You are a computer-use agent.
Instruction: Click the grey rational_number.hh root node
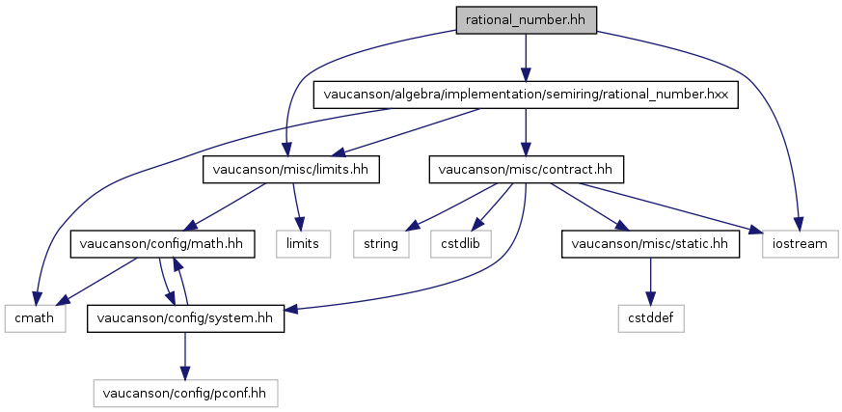click(x=527, y=21)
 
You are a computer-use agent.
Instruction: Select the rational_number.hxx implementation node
click(x=526, y=96)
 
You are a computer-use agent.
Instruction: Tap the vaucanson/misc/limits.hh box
click(x=291, y=170)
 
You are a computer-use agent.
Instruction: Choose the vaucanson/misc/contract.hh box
click(x=526, y=170)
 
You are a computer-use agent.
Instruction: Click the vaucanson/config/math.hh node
click(x=162, y=244)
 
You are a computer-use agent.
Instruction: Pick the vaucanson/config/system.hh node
click(x=186, y=318)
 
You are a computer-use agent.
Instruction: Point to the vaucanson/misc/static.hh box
click(x=650, y=244)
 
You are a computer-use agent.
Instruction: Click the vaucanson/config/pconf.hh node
click(x=186, y=393)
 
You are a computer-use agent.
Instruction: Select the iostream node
click(x=800, y=244)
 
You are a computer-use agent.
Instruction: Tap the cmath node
click(x=35, y=318)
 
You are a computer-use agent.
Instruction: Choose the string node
click(x=381, y=244)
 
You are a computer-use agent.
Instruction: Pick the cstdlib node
click(x=461, y=244)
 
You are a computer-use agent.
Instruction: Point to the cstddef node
click(x=651, y=318)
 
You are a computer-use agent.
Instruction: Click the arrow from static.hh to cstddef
click(x=651, y=281)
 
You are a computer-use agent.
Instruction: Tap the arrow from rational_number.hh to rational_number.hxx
click(x=526, y=58)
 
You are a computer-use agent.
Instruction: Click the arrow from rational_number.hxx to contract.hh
click(x=526, y=132)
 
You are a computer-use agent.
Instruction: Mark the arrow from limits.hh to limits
click(x=296, y=206)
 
